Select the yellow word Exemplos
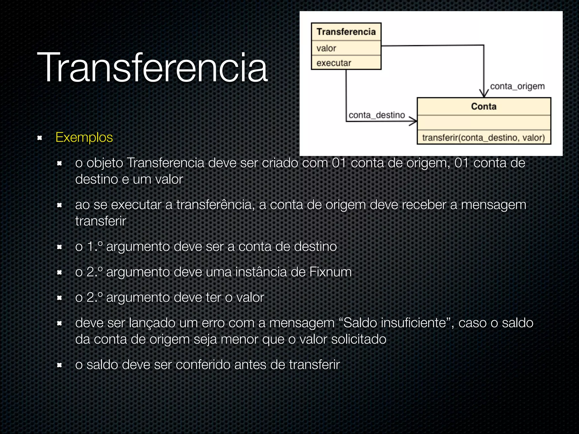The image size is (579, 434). (84, 138)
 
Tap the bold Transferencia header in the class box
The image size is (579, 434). (346, 32)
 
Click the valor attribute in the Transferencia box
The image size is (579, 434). (326, 48)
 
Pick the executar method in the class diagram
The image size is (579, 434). (334, 63)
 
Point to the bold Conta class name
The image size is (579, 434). (484, 107)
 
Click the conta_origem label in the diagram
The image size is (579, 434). (517, 86)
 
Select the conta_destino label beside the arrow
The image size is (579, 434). (377, 115)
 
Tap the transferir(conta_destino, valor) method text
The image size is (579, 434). (483, 138)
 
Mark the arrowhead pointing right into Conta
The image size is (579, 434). (413, 121)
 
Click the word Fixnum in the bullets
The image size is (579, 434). (330, 272)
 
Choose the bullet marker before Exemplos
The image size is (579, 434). (40, 138)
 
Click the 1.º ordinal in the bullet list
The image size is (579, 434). (94, 246)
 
